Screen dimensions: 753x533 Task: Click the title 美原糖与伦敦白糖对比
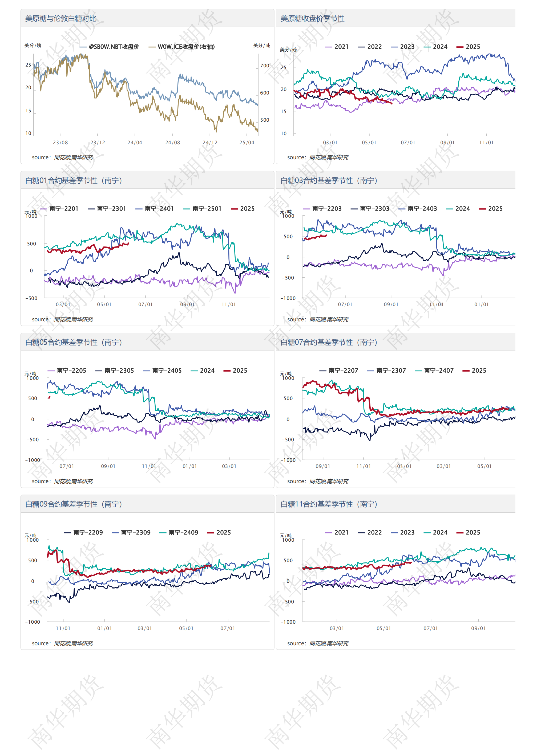point(61,18)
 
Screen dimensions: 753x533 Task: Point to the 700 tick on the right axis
point(264,65)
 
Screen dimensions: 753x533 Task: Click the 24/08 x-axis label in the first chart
point(172,142)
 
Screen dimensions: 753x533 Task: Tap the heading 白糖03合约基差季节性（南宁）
point(329,180)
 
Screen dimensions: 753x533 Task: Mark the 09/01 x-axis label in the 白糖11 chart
point(478,628)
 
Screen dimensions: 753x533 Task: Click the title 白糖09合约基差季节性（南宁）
point(74,504)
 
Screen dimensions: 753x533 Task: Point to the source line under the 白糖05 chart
point(62,482)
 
